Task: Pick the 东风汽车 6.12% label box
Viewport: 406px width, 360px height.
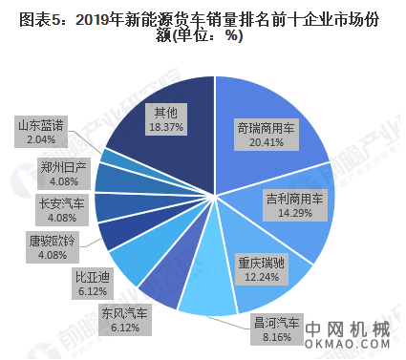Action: pos(124,321)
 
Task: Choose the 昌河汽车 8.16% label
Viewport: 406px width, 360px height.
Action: pos(274,328)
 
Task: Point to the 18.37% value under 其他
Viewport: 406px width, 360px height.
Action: pos(164,128)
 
